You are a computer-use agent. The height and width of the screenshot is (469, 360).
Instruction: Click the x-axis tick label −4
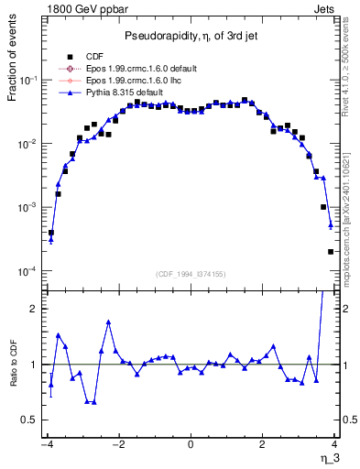point(46,444)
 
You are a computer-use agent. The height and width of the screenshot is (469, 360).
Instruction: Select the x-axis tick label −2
point(117,444)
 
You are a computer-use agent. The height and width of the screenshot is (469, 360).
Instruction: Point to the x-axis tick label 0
point(191,444)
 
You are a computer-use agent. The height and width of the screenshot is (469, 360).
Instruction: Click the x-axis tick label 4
point(335,444)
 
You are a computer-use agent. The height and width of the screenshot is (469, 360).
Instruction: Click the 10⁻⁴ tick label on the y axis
point(30,272)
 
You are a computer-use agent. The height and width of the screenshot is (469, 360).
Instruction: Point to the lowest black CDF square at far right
point(331,252)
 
